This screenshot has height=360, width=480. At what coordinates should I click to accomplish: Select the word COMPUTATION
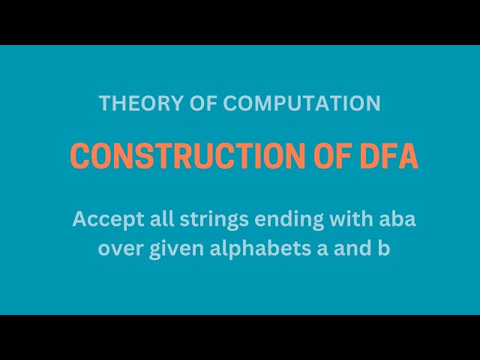[301, 103]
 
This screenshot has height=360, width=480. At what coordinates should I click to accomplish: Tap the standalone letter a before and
[315, 250]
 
